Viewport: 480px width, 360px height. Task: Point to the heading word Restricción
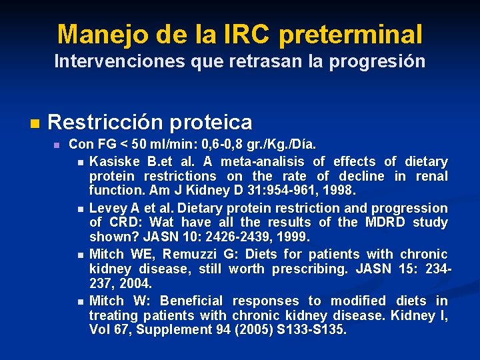pyautogui.click(x=103, y=122)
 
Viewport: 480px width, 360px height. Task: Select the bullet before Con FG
pyautogui.click(x=57, y=145)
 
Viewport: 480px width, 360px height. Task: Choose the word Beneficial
pyautogui.click(x=193, y=301)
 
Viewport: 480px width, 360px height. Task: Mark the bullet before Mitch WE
pyautogui.click(x=80, y=255)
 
